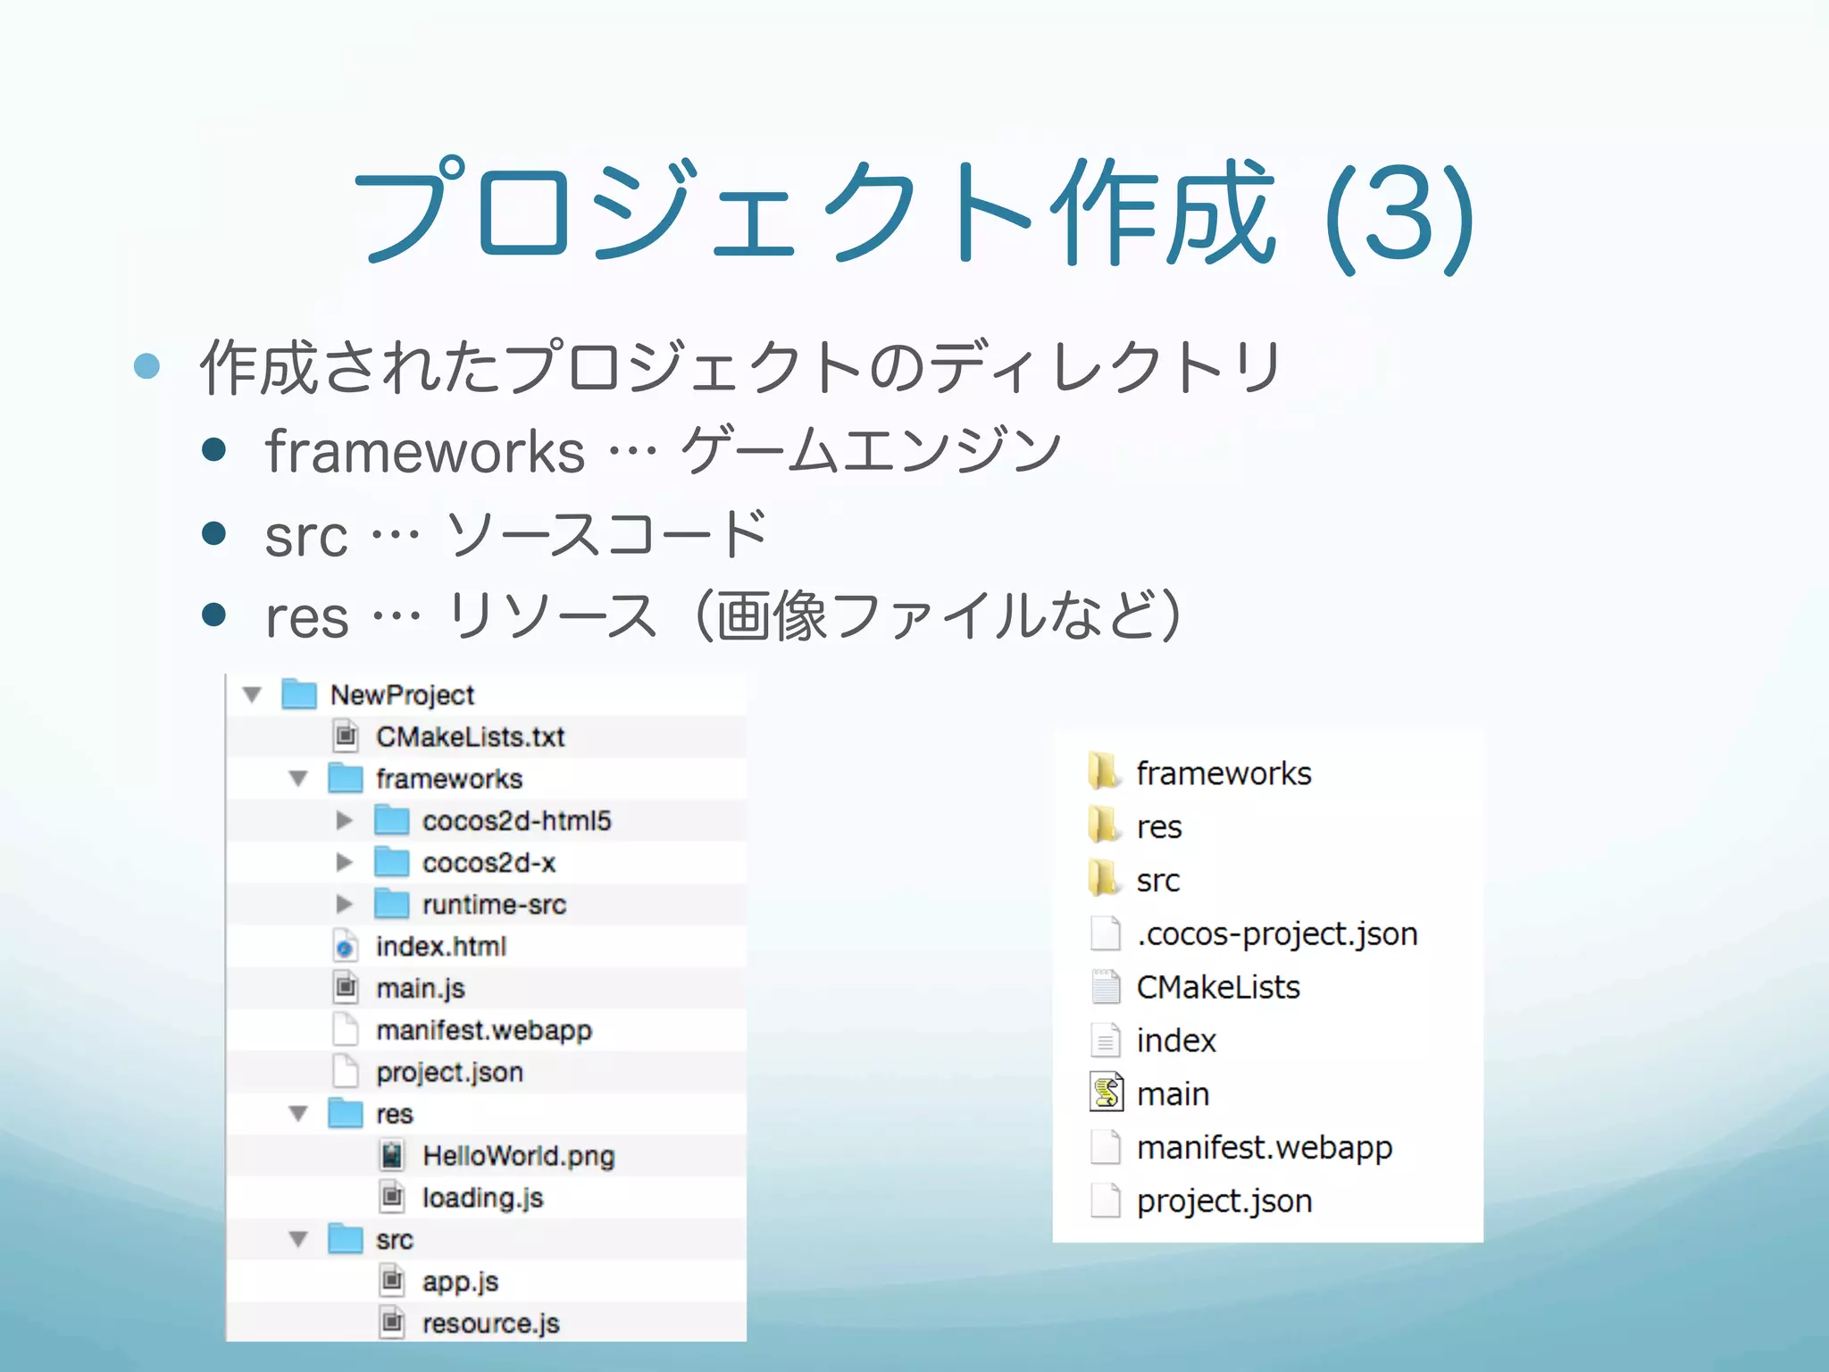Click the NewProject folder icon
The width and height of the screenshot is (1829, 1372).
[298, 694]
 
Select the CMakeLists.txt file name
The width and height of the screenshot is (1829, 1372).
[470, 737]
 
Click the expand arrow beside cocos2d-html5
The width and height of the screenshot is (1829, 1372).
[344, 820]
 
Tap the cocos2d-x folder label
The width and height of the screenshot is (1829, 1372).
[489, 863]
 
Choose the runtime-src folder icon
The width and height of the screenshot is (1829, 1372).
[391, 904]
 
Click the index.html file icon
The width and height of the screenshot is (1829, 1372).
[346, 946]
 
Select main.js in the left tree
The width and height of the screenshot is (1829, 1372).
[420, 989]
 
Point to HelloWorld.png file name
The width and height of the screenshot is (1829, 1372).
[518, 1156]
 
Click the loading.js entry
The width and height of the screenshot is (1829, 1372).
[482, 1198]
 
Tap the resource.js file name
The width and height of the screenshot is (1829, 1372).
[490, 1323]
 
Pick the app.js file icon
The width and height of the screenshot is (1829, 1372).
[391, 1281]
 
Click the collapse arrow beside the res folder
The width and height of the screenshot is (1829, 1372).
[298, 1114]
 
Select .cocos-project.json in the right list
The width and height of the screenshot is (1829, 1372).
[1276, 934]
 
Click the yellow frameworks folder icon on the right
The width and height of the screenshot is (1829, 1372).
[1105, 772]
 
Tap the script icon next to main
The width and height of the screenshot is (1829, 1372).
[1107, 1092]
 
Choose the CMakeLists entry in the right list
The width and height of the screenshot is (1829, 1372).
[1217, 987]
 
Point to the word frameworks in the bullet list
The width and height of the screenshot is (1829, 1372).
[425, 451]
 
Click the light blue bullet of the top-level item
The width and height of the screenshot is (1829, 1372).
[146, 365]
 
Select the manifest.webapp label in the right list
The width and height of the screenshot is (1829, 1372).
[1264, 1147]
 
